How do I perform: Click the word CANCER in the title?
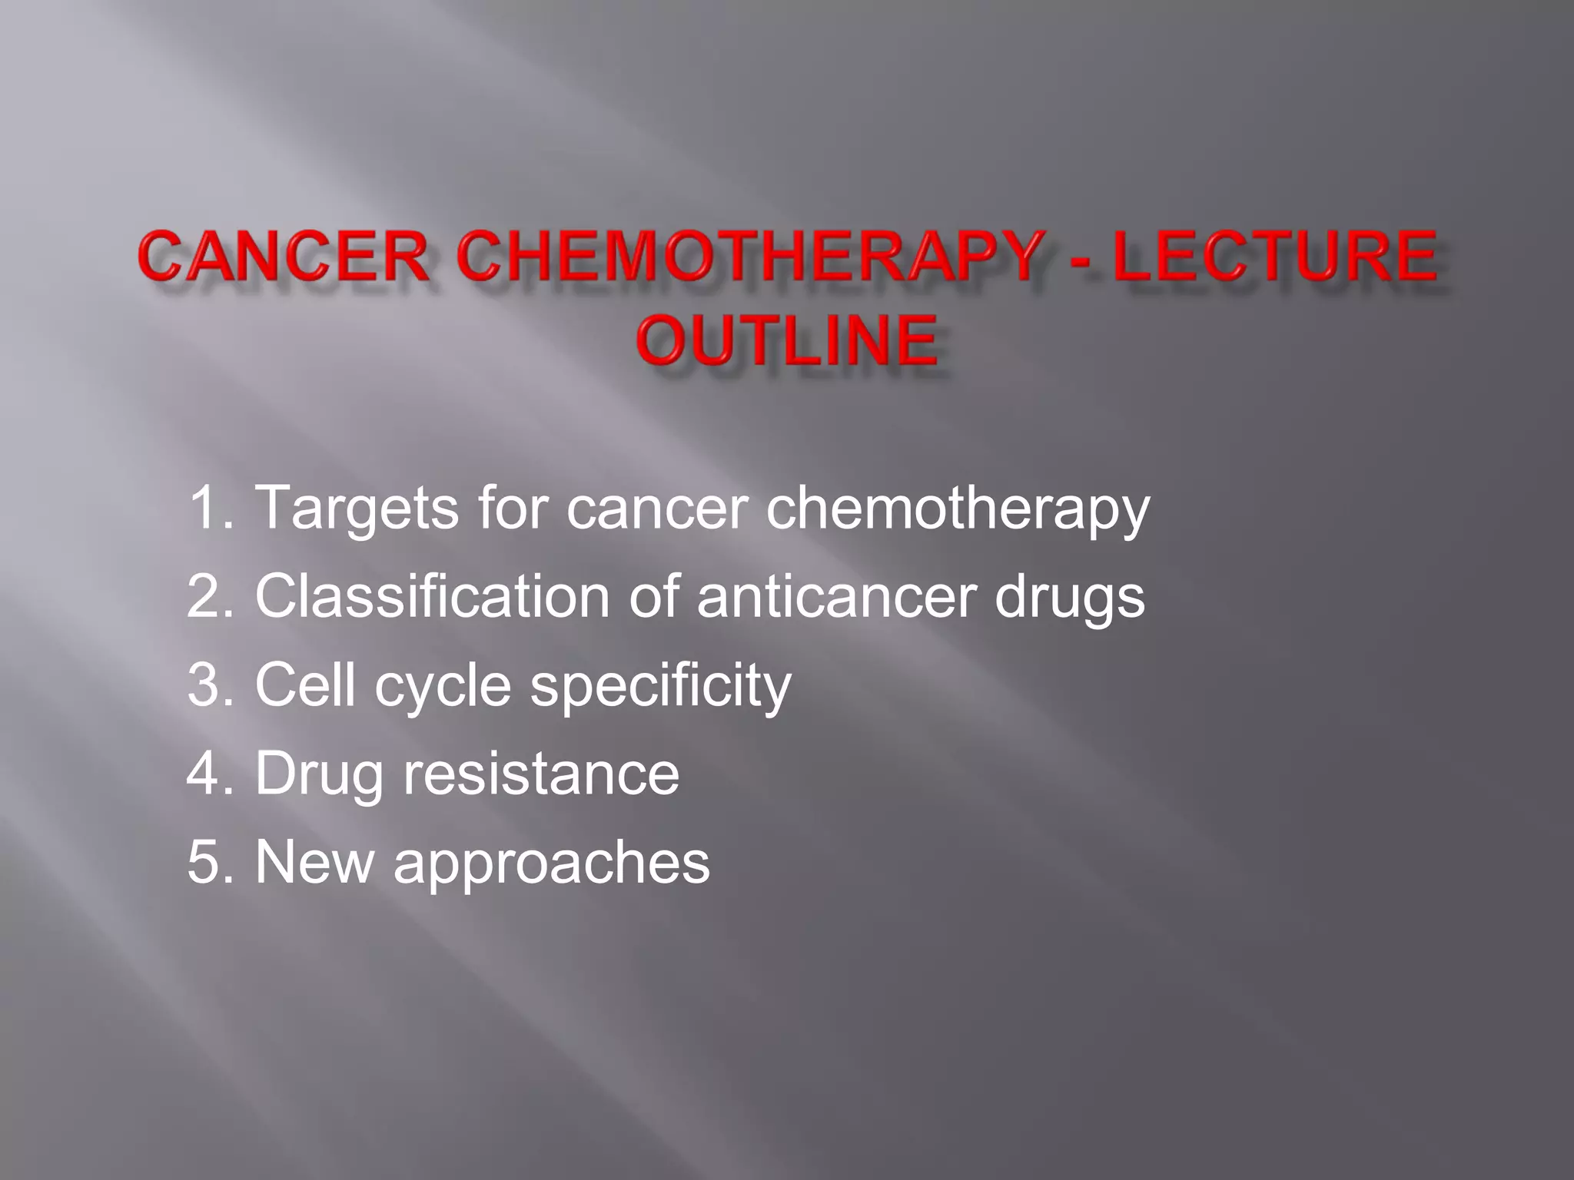point(283,257)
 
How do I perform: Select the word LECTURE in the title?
point(1275,257)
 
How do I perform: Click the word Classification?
point(432,596)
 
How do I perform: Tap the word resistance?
point(541,774)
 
